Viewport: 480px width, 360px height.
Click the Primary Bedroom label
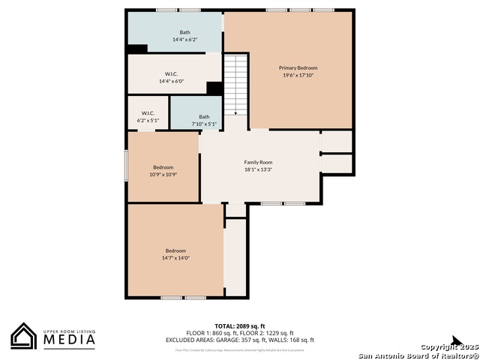click(x=292, y=67)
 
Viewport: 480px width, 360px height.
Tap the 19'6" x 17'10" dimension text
click(x=292, y=75)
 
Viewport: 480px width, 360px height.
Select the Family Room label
click(x=258, y=162)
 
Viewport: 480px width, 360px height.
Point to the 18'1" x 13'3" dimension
click(x=258, y=169)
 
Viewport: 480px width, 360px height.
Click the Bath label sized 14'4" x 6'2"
click(x=174, y=32)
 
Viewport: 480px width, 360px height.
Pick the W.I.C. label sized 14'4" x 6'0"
click(x=170, y=73)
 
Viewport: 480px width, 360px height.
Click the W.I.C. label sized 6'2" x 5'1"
click(x=148, y=113)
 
